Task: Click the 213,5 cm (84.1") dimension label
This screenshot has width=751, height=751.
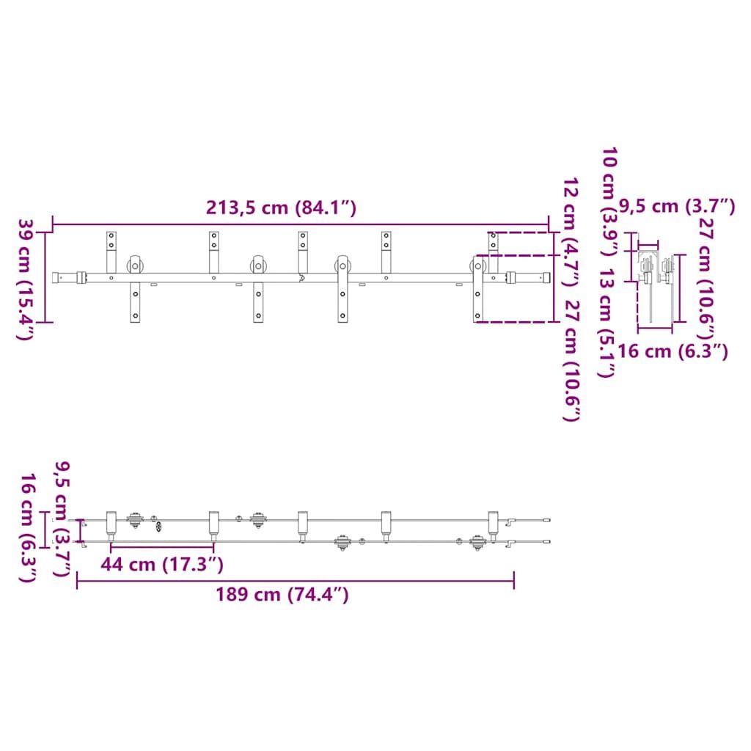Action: pos(281,208)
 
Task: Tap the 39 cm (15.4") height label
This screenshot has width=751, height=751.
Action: pos(25,279)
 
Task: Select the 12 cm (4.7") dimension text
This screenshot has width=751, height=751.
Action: pos(571,232)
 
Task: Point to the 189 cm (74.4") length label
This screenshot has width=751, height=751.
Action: pos(282,594)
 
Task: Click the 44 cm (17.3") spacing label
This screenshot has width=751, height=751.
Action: pos(162,564)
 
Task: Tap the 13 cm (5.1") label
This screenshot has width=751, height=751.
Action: pos(607,323)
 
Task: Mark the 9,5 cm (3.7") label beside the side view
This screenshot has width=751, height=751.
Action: pos(677,206)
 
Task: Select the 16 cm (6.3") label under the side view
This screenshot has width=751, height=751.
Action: pos(673,351)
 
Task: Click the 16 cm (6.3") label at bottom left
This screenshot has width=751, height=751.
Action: pos(28,528)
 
